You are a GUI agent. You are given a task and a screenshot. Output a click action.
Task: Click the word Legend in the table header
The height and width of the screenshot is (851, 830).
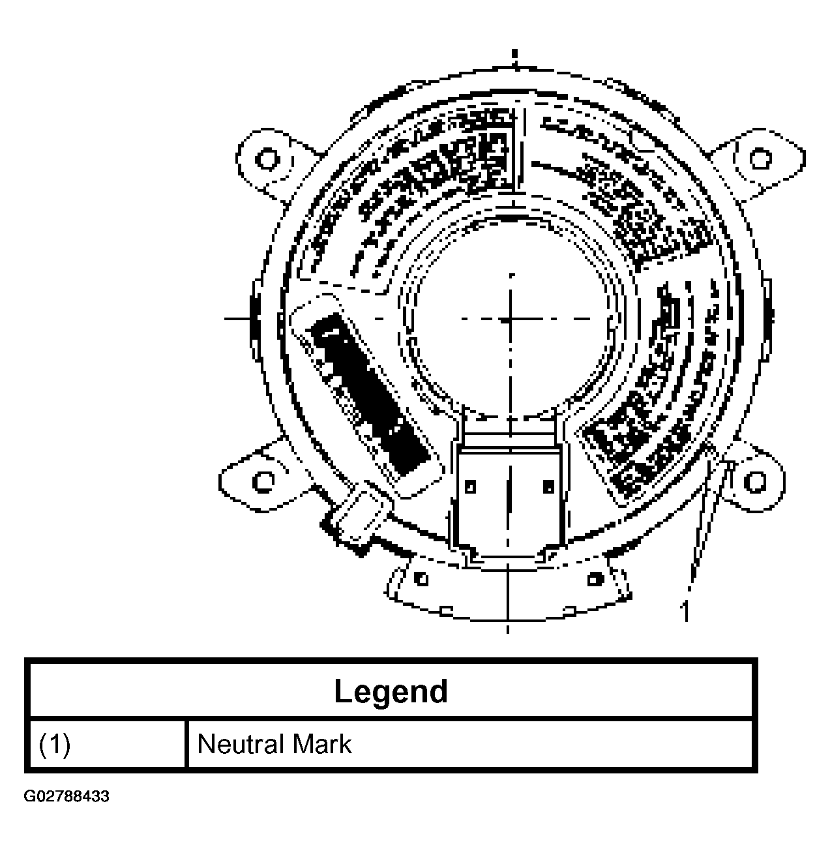[x=391, y=691]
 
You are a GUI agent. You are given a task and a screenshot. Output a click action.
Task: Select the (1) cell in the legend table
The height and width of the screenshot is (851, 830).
[x=55, y=745]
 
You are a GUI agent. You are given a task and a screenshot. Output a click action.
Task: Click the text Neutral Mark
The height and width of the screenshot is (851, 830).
[x=274, y=744]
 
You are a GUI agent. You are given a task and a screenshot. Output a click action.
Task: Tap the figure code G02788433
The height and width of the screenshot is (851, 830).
[x=67, y=797]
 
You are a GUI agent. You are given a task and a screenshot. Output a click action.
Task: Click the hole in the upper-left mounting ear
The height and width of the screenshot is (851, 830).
[x=266, y=158]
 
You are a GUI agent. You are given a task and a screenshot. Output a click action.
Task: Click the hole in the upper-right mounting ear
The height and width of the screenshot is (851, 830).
[x=758, y=158]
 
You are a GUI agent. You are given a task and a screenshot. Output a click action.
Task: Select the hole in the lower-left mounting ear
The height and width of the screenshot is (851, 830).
[x=263, y=481]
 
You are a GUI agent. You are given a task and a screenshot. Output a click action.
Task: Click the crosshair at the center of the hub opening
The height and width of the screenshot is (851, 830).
[x=509, y=320]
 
